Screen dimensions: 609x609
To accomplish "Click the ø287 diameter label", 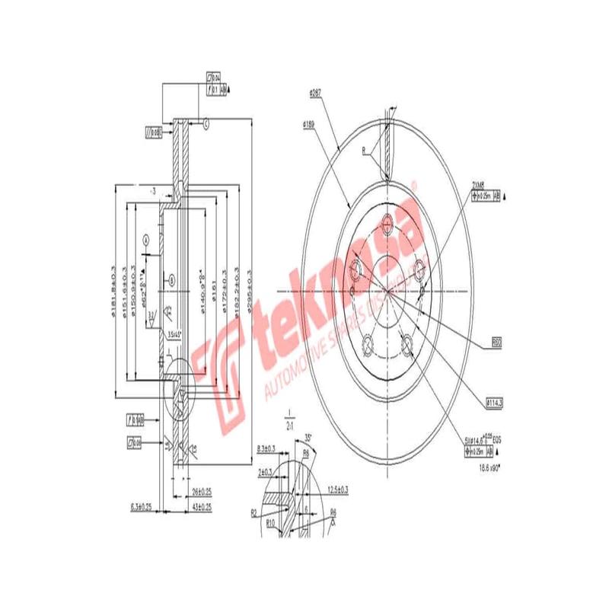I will [x=314, y=94].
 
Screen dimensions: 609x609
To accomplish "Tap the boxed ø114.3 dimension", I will [x=496, y=401].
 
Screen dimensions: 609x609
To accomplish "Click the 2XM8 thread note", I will [x=478, y=184].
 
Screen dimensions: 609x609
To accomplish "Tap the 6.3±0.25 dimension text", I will [x=142, y=505].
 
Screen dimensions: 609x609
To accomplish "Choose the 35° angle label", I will [x=308, y=438].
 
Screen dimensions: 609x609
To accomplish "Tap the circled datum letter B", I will [x=172, y=280].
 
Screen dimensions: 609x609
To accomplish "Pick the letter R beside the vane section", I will [x=364, y=150].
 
